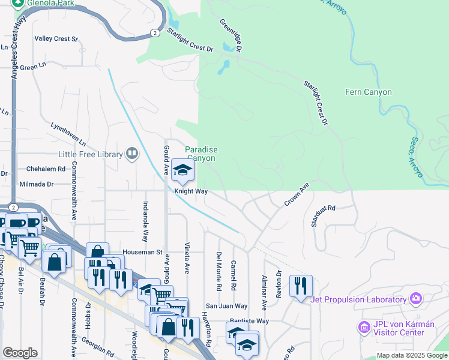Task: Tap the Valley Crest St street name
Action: tap(56, 39)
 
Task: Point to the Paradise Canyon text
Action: tap(200, 154)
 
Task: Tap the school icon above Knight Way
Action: tap(182, 171)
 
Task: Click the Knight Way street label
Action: tap(191, 192)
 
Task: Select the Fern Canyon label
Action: tap(369, 92)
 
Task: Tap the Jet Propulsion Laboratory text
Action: tap(358, 300)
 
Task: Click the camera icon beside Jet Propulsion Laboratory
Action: tap(415, 299)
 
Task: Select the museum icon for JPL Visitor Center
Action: tap(363, 328)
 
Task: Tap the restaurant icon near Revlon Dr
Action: tap(300, 286)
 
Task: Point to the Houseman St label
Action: tap(142, 253)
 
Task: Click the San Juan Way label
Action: tap(227, 306)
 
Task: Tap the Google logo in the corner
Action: tap(20, 352)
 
